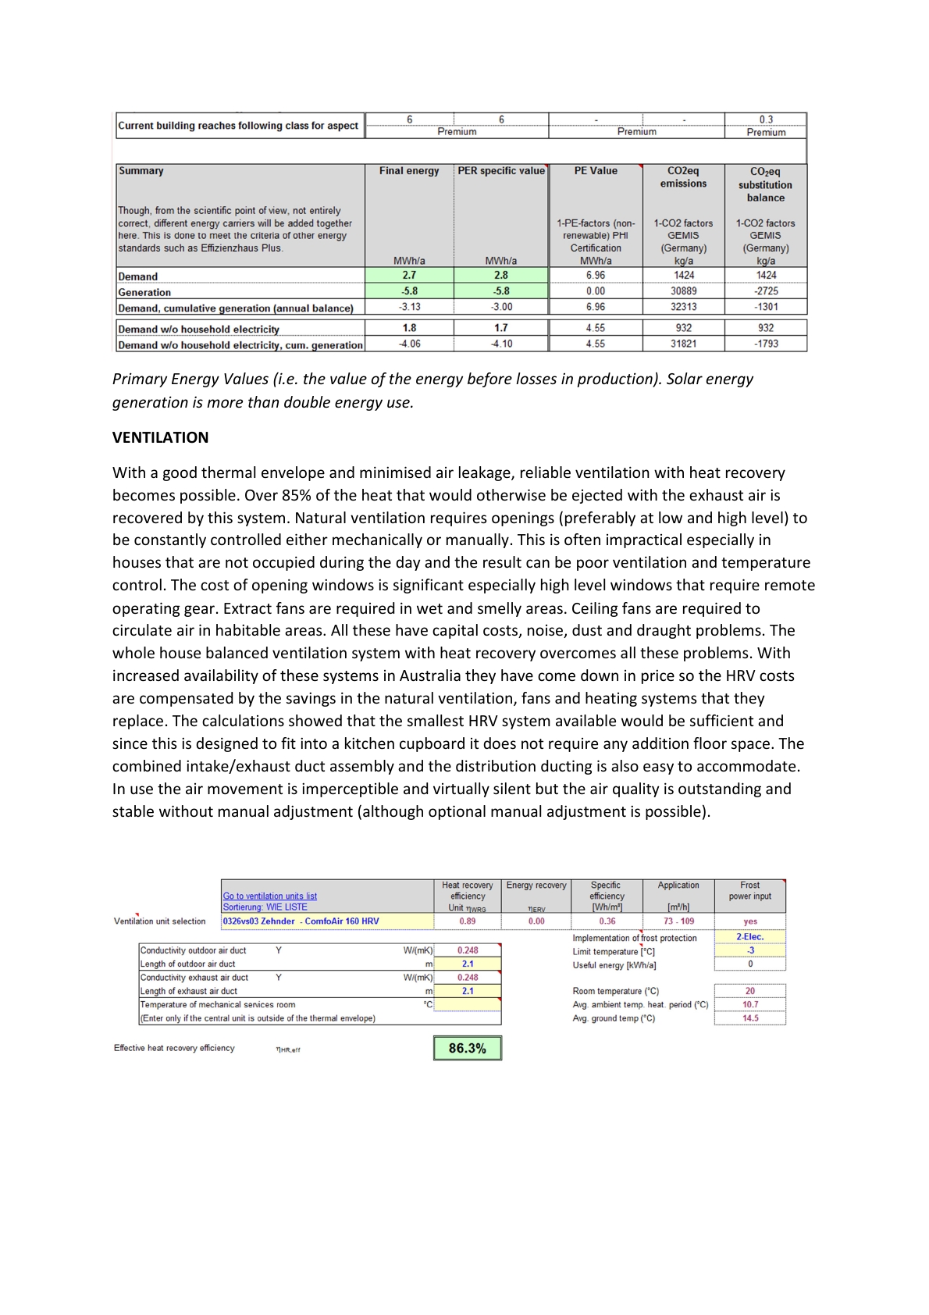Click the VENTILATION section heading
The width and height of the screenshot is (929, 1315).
coord(160,437)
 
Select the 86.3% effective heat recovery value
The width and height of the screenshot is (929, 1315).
coord(467,1048)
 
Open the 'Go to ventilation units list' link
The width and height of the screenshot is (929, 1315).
coord(269,896)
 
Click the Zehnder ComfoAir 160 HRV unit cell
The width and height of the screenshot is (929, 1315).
coord(301,921)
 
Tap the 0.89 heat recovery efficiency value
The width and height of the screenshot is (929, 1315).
coord(467,921)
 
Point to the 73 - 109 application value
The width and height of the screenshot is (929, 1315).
coord(678,921)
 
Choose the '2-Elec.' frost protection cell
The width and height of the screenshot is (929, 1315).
coord(749,937)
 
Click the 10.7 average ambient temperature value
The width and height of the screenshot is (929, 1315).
coord(749,1005)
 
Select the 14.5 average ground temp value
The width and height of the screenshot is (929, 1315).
coord(749,1018)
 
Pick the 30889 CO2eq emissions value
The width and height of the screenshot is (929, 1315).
coord(683,291)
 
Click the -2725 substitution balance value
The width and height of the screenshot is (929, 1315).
coord(766,291)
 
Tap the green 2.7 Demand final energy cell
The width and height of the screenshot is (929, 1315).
coord(409,275)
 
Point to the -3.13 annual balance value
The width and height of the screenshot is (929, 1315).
coord(409,307)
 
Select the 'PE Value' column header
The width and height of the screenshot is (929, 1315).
coord(596,171)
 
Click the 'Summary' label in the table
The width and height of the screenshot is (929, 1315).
coord(141,171)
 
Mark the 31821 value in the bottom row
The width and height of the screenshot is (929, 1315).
coord(683,344)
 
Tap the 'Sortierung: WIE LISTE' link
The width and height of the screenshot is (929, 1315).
coord(265,907)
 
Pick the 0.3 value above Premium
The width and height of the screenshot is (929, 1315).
coord(766,119)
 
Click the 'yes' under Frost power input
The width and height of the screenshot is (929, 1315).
coord(749,921)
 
